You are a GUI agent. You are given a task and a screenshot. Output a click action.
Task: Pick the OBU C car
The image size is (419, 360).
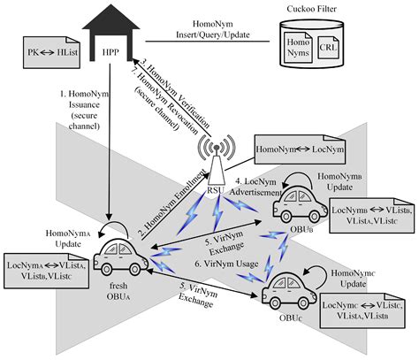click(291, 293)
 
